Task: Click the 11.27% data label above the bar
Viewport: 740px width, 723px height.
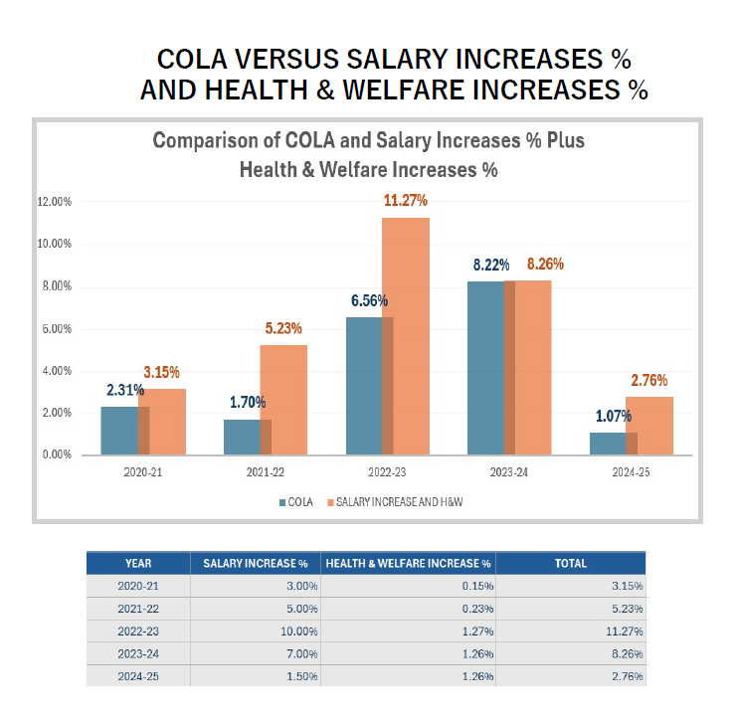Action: (x=406, y=201)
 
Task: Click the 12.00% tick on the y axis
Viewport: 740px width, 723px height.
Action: (x=55, y=202)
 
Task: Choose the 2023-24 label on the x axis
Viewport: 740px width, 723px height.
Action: (x=508, y=472)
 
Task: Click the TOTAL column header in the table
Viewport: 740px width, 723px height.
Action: (x=570, y=563)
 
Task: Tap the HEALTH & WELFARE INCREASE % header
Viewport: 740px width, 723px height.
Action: (x=408, y=563)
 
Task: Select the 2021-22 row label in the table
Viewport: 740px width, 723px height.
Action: (x=137, y=609)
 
